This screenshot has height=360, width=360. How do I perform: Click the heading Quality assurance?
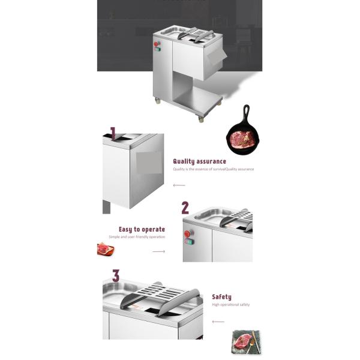click(x=199, y=161)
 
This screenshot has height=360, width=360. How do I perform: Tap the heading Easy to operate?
click(x=142, y=229)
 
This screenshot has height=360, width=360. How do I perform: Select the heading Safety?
click(x=221, y=297)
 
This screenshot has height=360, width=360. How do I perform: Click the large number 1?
click(x=112, y=133)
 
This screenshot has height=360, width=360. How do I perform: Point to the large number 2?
click(x=185, y=208)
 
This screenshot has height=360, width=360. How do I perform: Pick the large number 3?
click(x=116, y=276)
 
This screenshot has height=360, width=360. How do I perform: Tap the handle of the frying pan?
click(x=246, y=113)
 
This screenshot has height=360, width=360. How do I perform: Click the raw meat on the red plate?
click(x=105, y=248)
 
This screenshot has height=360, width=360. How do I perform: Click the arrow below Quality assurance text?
click(x=179, y=185)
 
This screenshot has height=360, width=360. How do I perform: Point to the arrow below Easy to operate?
click(x=158, y=251)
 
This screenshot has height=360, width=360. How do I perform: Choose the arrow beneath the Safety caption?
click(x=218, y=322)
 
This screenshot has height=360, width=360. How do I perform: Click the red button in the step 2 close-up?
click(x=188, y=233)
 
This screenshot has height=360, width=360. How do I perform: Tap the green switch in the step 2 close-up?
click(x=190, y=242)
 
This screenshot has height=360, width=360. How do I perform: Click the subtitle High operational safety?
click(x=230, y=305)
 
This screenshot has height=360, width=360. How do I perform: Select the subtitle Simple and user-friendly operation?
click(x=137, y=237)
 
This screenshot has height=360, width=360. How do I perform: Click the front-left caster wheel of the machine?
click(x=158, y=101)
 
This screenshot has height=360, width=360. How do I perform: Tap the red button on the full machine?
click(x=157, y=44)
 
